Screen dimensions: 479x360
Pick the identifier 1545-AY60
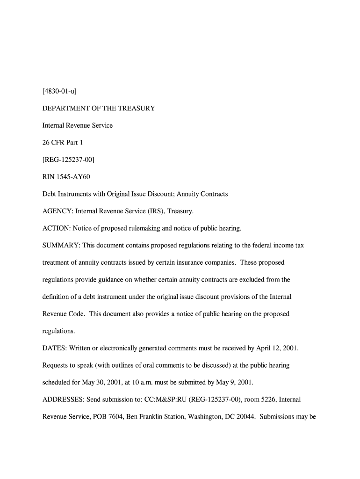(74, 176)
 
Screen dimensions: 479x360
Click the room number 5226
(268, 399)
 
